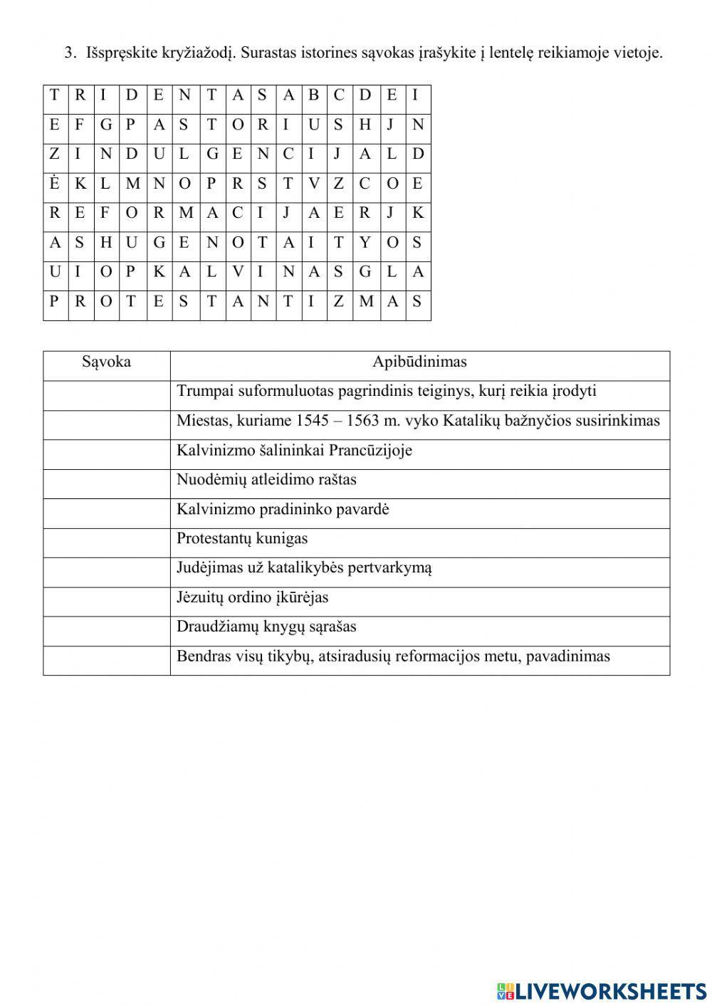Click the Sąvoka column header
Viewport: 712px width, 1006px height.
(x=106, y=362)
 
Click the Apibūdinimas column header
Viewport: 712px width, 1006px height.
(x=419, y=362)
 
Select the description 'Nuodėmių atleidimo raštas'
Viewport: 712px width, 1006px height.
(x=266, y=480)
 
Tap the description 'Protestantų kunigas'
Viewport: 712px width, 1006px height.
(x=242, y=538)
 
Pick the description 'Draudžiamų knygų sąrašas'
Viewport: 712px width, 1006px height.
(x=266, y=627)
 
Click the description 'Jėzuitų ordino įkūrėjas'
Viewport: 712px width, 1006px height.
(x=252, y=597)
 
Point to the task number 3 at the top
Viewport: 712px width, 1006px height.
(x=68, y=53)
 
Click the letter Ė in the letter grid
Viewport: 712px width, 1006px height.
(x=55, y=183)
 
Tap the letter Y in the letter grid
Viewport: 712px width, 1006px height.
(x=365, y=242)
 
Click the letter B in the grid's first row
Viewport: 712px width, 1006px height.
(x=313, y=95)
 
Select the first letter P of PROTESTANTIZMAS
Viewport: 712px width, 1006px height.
(x=54, y=301)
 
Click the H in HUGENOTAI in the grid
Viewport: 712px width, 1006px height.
(x=106, y=242)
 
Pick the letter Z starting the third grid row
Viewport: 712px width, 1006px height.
(x=54, y=154)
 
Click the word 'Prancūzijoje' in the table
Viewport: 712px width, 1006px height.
(x=370, y=451)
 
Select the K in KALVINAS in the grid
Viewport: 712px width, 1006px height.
(x=159, y=271)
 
